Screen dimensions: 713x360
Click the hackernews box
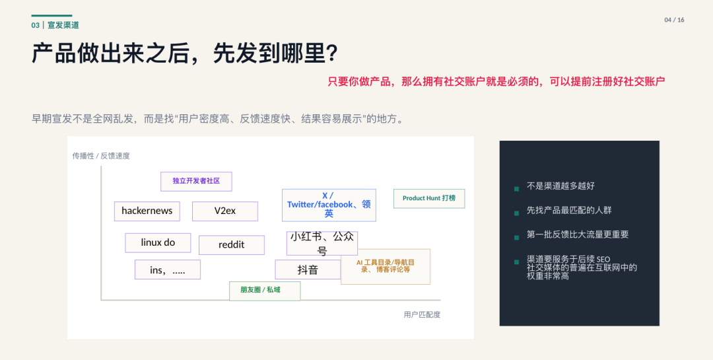[x=147, y=211]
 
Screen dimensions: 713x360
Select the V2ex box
[x=225, y=211]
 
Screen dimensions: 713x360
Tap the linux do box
[x=158, y=242]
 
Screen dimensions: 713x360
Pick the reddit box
[x=232, y=245]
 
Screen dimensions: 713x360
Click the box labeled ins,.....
[x=167, y=270]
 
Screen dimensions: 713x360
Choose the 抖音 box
[x=308, y=270]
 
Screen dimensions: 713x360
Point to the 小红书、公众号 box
[x=322, y=244]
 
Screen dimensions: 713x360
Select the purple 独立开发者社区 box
[x=196, y=181]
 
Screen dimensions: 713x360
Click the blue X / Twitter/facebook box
[x=329, y=205]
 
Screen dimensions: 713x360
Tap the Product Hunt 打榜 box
[x=429, y=198]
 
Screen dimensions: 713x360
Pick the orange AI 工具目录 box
[x=386, y=267]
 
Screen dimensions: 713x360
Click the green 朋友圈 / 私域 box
[x=265, y=291]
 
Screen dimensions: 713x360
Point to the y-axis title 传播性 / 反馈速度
[x=101, y=156]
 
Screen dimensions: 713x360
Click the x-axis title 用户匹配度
[x=422, y=314]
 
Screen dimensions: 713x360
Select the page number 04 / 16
[x=674, y=20]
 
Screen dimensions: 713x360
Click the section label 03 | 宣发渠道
[x=55, y=25]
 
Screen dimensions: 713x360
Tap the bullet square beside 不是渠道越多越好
[x=516, y=188]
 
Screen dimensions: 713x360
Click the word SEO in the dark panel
[x=603, y=260]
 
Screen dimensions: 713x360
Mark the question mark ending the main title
[x=332, y=54]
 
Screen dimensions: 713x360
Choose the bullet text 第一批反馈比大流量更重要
[x=578, y=235]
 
